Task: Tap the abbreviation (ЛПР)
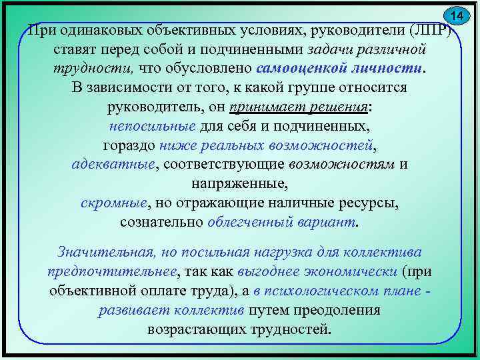point(431,31)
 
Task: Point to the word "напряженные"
point(239,183)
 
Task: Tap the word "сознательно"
point(161,221)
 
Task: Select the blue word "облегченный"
point(251,221)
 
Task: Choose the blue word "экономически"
point(354,272)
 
